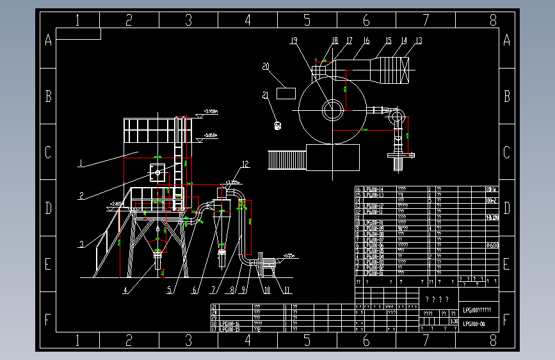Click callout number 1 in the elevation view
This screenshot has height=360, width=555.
coord(81,163)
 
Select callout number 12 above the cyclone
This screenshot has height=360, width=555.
coord(245,163)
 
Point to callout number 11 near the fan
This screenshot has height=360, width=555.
coord(287,290)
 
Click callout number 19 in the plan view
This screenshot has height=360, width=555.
coord(294,40)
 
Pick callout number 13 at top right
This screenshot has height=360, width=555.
coord(419,40)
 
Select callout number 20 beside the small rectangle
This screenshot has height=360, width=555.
coord(266,65)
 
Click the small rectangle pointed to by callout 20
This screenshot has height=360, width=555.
coord(286,94)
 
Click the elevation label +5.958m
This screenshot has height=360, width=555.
coord(211,135)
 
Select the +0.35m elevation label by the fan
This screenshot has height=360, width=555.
coord(290,254)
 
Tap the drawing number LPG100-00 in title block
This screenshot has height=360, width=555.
coord(474,324)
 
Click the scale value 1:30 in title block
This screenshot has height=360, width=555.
coord(454,321)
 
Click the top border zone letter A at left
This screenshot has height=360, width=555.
coord(48,41)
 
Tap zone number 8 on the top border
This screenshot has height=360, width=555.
coord(493,20)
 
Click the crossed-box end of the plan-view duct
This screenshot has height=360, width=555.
coord(404,70)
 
